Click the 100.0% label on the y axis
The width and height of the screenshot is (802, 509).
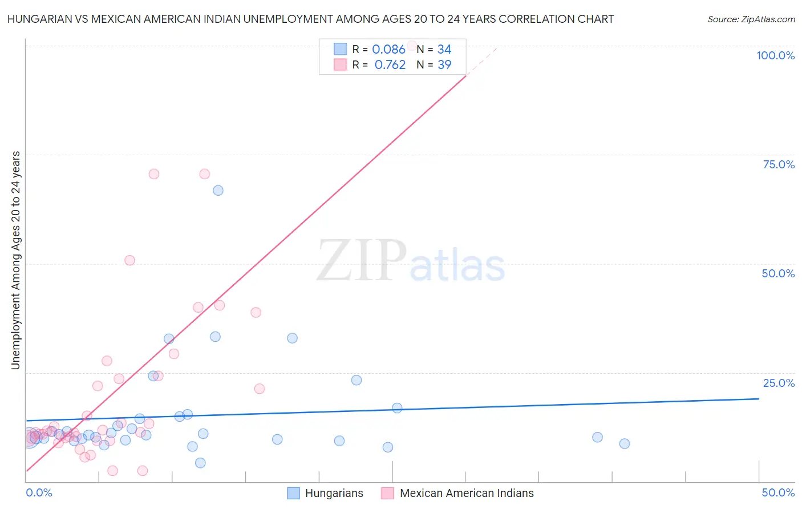pos(775,55)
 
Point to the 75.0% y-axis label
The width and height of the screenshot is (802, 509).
pos(779,164)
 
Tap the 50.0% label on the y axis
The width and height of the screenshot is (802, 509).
pos(778,273)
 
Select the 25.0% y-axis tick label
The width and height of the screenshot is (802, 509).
pos(779,383)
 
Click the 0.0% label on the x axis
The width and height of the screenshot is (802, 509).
pos(39,492)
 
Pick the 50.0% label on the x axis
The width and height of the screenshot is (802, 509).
pos(778,492)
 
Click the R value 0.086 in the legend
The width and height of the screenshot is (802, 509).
pos(388,50)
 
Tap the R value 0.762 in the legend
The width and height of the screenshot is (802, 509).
pos(390,65)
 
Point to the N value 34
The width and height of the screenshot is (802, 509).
pos(444,50)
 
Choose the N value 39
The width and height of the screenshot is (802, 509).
pos(444,65)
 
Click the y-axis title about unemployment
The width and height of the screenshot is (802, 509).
pos(15,260)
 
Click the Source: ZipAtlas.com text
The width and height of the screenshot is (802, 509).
pos(751,19)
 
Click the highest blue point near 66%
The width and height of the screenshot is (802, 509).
pos(218,191)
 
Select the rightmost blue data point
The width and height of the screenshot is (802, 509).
pos(625,443)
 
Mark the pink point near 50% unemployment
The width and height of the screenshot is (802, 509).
pos(129,260)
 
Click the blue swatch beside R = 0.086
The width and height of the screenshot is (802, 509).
pos(340,49)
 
